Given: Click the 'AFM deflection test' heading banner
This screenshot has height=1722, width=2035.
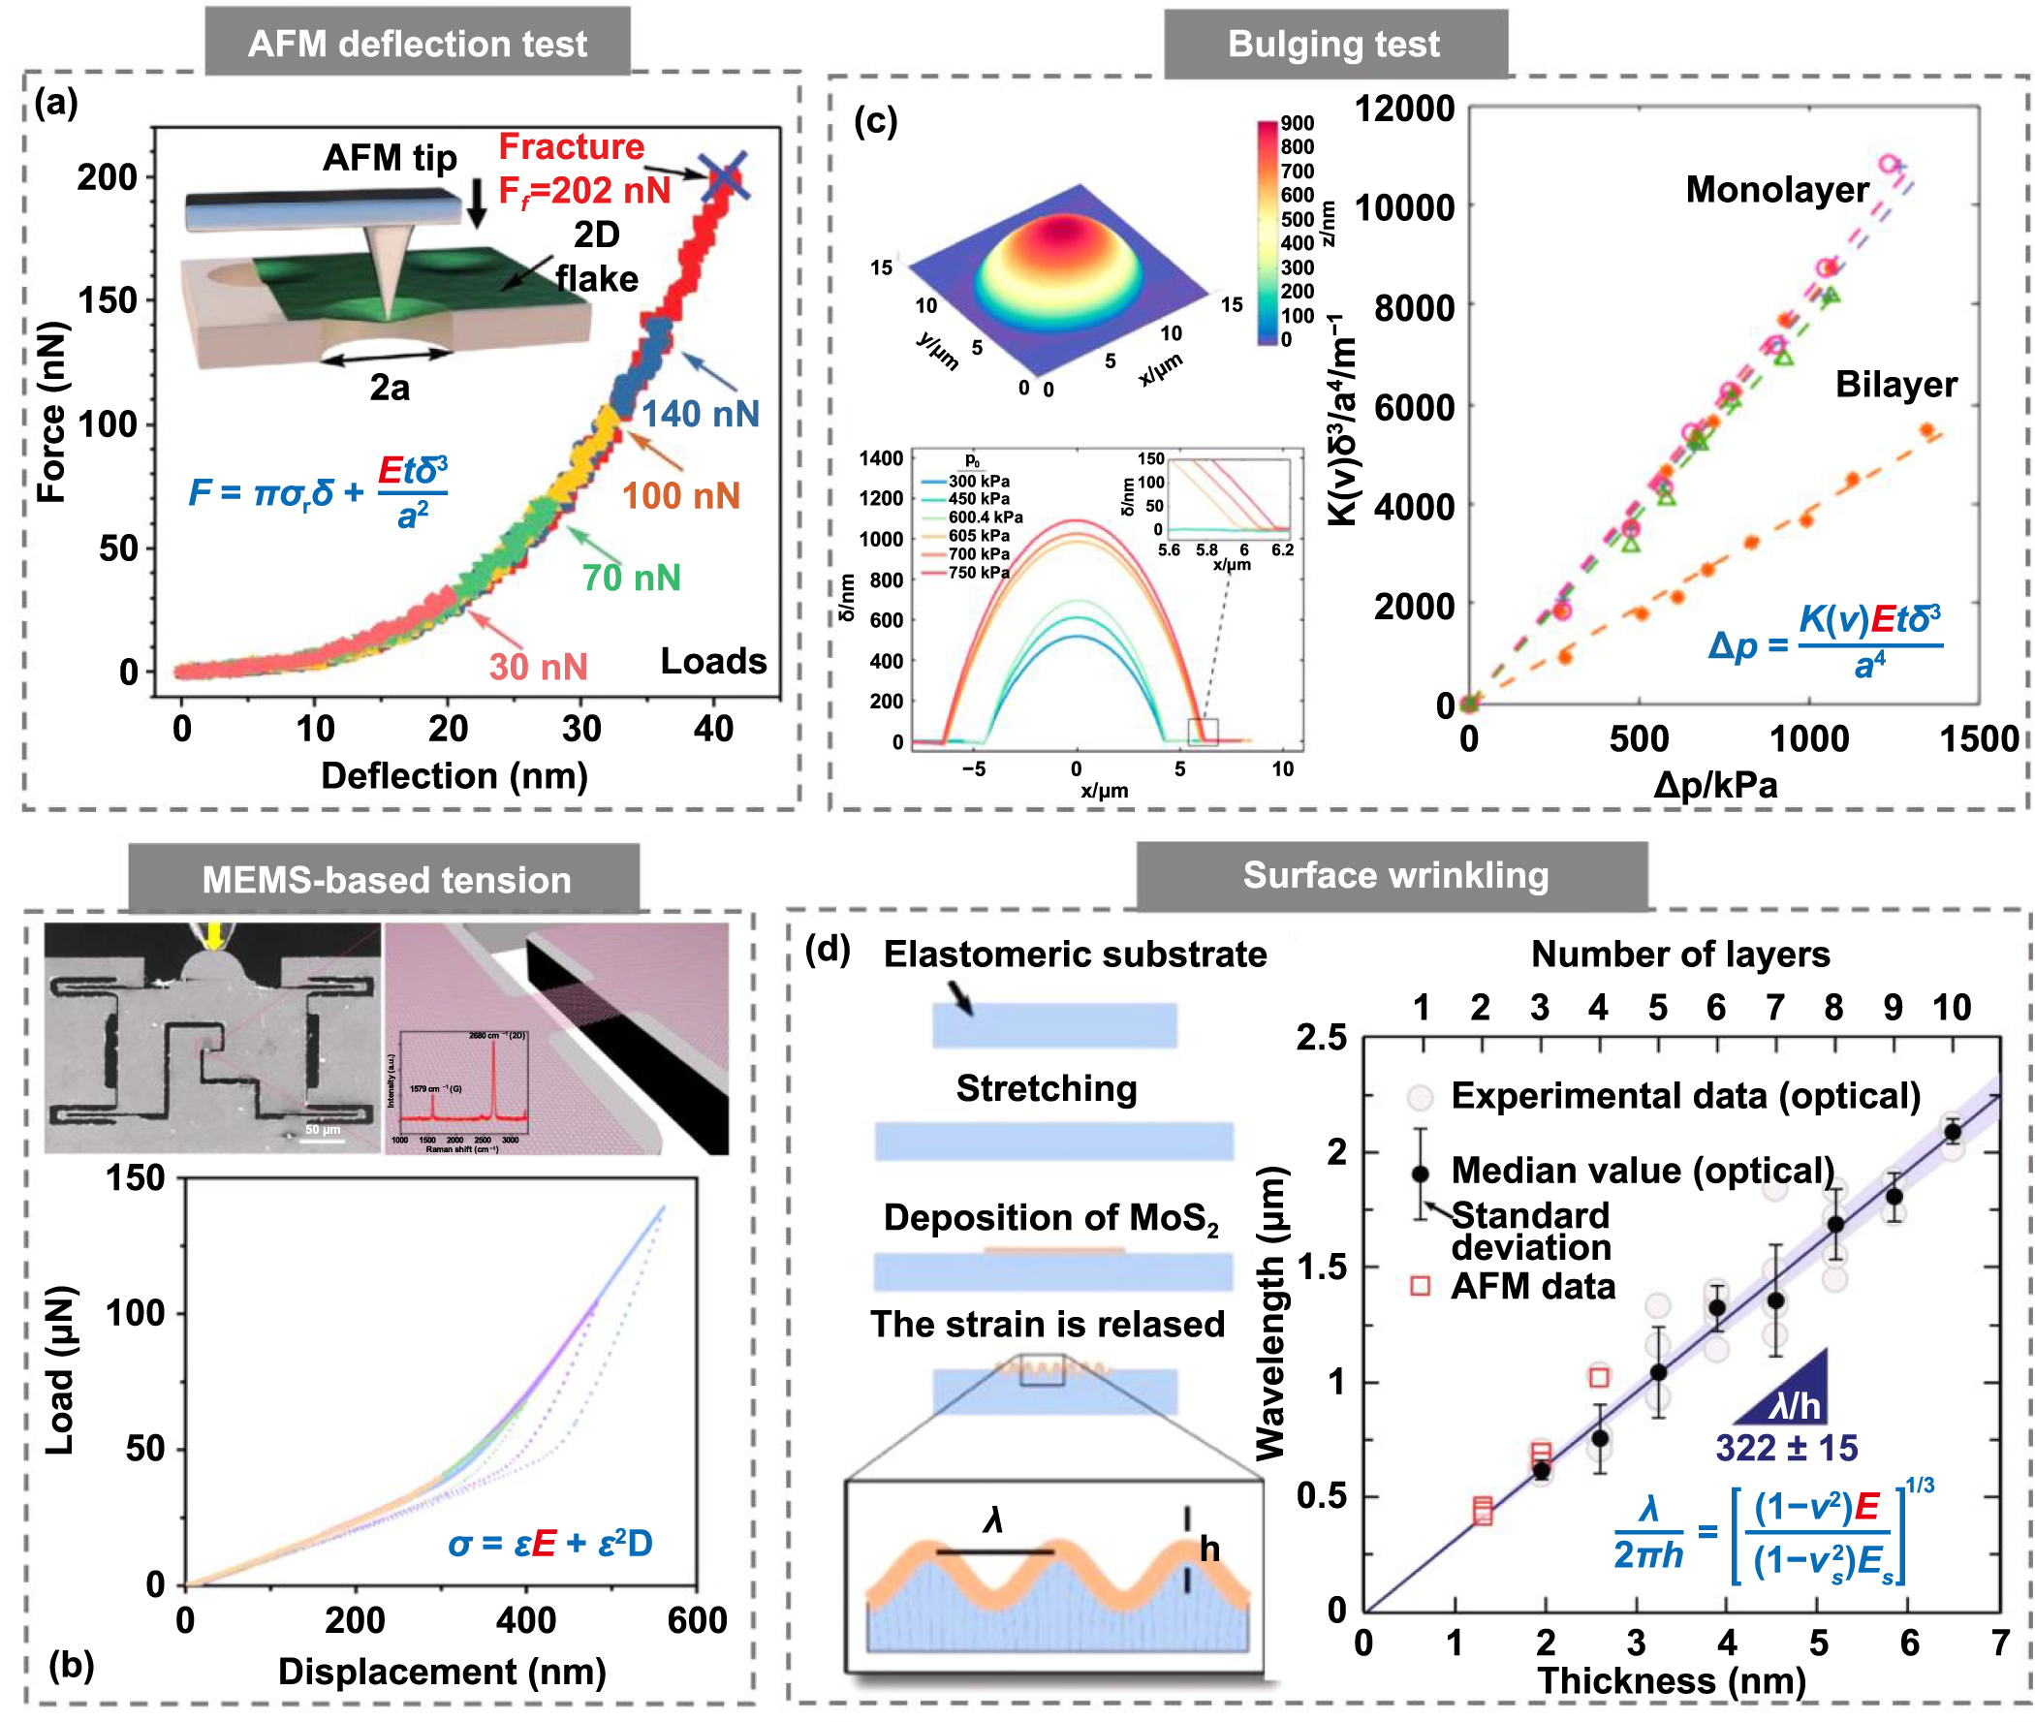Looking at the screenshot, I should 417,43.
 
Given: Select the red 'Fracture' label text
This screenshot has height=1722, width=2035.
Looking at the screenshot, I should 571,146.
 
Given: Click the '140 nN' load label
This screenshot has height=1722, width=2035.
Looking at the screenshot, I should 700,414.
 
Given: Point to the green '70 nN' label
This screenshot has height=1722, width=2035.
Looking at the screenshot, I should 631,578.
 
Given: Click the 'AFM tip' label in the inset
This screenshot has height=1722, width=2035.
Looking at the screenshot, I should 390,157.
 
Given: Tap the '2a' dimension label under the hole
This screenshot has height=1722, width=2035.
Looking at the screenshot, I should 390,389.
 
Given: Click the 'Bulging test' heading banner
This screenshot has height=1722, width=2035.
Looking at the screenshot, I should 1333,44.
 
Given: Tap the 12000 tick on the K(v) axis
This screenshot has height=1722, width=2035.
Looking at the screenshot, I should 1403,109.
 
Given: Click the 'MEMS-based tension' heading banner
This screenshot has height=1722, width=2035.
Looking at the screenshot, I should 386,880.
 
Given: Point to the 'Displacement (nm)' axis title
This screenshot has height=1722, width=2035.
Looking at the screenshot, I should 441,1671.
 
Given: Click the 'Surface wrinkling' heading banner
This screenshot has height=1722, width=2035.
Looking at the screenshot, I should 1394,875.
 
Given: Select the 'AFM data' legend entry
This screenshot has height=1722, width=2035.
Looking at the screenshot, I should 1531,1286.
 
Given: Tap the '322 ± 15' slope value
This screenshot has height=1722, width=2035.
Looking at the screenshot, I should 1785,1447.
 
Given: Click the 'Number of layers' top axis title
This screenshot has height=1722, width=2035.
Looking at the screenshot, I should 1678,954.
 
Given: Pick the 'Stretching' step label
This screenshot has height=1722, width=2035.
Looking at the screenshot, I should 1046,1087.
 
